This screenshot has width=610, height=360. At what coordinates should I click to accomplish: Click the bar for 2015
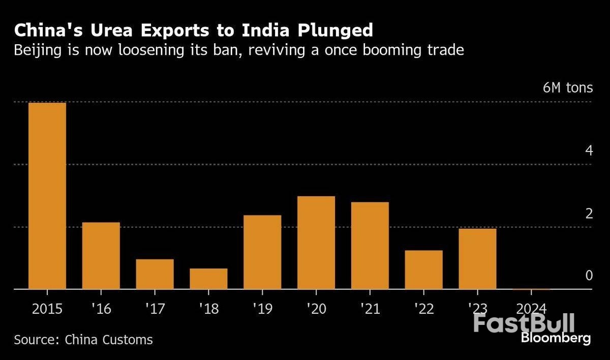point(47,196)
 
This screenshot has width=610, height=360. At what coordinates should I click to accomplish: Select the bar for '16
point(101,256)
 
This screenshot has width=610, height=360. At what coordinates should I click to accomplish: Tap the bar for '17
point(155,274)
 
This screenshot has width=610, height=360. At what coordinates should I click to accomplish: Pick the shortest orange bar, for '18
point(208,279)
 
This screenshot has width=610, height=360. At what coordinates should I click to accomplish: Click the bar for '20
point(316,243)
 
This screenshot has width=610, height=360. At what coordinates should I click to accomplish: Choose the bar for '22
point(424,269)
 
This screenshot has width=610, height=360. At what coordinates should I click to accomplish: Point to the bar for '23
point(477,259)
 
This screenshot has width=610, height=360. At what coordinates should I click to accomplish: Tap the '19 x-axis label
point(262,309)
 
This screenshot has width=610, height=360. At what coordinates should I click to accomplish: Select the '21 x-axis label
point(370,309)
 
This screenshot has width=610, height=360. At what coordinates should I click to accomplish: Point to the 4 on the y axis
point(589,151)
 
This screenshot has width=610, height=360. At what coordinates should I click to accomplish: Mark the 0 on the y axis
point(589,276)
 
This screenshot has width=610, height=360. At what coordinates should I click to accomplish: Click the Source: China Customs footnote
point(83,339)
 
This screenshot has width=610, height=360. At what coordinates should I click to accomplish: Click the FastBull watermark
point(524,323)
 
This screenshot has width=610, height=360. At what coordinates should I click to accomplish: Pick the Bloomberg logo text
point(556,338)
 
